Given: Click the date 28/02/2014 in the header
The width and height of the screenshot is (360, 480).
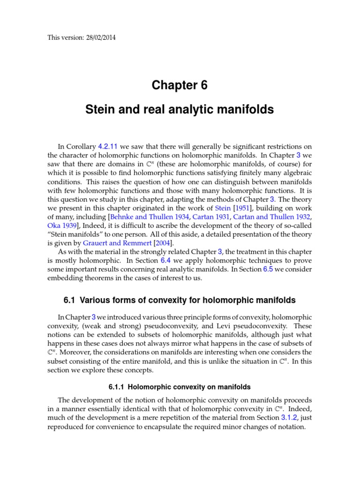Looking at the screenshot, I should click(x=96, y=38).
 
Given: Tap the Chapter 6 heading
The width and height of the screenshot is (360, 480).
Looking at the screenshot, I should click(x=180, y=85).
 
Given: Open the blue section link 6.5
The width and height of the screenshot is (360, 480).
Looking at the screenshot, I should click(x=268, y=269).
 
